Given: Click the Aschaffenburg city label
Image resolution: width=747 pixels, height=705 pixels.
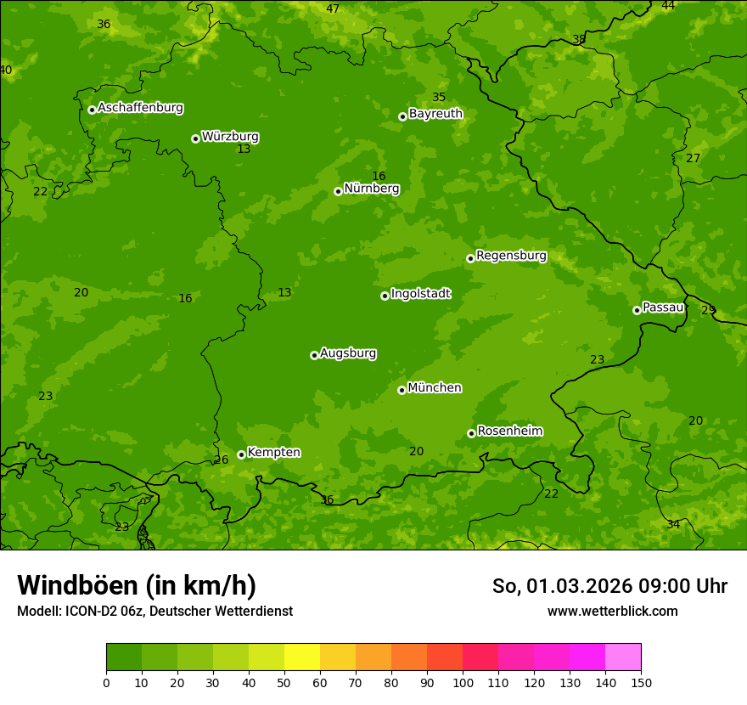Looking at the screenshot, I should pos(140,108).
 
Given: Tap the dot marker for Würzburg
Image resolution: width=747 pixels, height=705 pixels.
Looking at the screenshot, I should pos(195,138).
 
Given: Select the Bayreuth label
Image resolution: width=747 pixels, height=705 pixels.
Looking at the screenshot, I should pos(435,114).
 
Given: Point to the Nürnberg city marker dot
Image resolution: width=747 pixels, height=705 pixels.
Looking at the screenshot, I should pos(338,191).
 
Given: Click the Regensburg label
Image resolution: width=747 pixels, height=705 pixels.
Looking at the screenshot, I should pos(511,256).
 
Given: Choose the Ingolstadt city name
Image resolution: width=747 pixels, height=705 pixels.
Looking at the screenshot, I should pos(420,294).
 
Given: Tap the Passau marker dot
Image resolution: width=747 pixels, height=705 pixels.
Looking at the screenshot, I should pos(637,310).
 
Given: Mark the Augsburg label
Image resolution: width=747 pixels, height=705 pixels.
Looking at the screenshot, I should pos(348,353).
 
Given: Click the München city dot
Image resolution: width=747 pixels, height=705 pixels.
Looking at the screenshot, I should pos(402,390).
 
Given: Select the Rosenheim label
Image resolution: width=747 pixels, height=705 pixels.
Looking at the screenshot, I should pos(509,431).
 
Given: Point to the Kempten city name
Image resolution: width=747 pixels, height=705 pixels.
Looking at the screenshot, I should pos(273,453).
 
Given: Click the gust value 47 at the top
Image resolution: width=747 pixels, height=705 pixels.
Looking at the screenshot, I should pos(333,8).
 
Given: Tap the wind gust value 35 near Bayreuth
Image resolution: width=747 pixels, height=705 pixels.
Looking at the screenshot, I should pos(439,97).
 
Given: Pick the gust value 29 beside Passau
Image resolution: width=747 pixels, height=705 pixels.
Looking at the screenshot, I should pos(708,310).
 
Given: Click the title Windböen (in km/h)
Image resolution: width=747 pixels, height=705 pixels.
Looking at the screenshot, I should pos(137,585).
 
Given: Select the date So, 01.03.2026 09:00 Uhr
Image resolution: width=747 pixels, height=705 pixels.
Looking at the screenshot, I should pos(609,586).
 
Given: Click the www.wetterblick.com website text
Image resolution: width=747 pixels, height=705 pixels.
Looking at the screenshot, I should pos(612,611).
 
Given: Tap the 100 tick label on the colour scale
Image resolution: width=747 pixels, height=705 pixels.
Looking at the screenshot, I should pos(463,682).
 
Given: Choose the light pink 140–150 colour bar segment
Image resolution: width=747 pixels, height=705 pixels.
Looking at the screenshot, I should pos(623,657).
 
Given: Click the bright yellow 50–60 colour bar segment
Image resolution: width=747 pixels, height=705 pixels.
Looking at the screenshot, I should pos(302,657).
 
